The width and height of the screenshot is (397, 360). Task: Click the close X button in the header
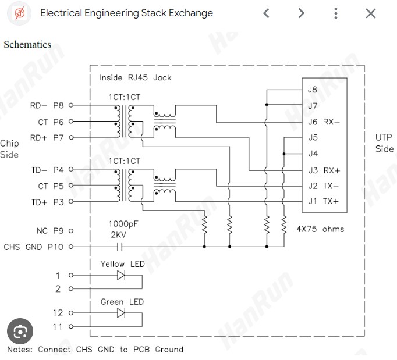tap(370, 13)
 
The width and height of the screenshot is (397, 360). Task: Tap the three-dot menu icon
tap(336, 13)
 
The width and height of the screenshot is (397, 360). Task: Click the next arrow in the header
tap(301, 13)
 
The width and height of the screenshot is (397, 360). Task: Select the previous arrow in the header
tap(266, 13)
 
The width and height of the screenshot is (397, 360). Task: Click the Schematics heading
tap(27, 45)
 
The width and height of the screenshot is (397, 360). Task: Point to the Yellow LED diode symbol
tap(121, 275)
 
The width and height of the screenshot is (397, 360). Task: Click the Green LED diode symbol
tap(121, 313)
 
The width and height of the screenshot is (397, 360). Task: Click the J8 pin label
tap(313, 90)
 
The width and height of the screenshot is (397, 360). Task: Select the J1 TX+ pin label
tap(323, 201)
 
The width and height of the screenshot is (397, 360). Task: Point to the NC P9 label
tap(49, 231)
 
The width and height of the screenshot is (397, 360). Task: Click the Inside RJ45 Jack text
tap(135, 77)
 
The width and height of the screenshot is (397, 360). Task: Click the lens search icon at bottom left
tap(20, 332)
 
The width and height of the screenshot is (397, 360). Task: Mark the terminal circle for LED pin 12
tap(71, 313)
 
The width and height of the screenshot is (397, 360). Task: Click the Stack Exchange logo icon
tap(20, 13)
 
